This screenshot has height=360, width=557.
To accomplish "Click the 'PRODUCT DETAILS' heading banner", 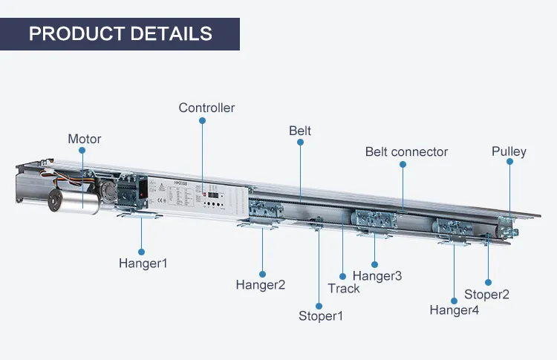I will click(120, 33).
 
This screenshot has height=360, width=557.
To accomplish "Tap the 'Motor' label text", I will click(84, 139).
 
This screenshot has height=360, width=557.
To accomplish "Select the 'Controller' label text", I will click(206, 108).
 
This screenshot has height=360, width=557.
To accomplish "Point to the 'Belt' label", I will click(300, 131).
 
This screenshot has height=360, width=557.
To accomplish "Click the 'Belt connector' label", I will click(406, 151).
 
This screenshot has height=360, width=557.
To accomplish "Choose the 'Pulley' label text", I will click(509, 151).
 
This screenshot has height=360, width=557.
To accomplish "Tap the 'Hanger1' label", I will click(143, 263).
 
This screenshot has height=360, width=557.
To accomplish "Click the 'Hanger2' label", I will click(261, 284).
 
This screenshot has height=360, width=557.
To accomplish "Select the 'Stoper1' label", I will click(321, 315).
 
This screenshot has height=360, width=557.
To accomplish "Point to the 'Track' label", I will click(343, 289).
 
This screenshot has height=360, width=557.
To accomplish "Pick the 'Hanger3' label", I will click(377, 276).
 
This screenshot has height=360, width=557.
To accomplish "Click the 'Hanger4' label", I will click(455, 310).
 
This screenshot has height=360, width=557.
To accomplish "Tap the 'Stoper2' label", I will click(486, 294).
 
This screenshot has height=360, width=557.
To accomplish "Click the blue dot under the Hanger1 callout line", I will click(141, 251).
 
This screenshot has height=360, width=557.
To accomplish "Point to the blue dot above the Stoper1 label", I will click(319, 304).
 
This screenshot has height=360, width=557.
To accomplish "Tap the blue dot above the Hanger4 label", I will click(454, 299).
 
